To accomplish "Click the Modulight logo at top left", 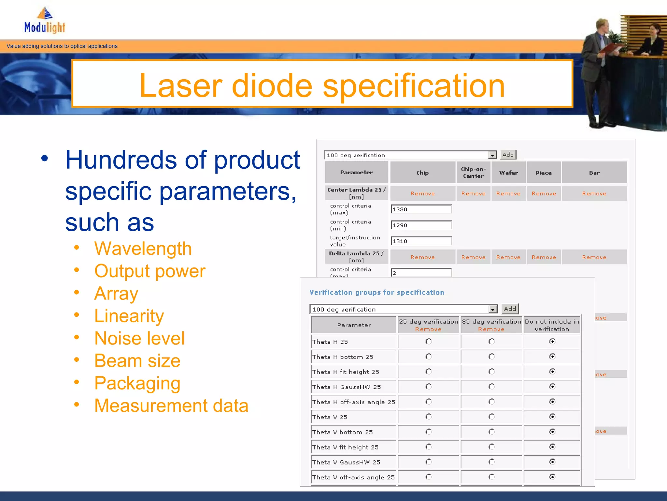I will click(45, 21).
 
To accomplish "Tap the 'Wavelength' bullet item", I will click(143, 249).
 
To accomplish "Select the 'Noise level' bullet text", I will click(139, 338).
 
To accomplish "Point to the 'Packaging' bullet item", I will click(137, 383).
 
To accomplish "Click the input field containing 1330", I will click(421, 209).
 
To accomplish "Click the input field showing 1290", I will click(421, 225).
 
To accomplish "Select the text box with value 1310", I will click(421, 241).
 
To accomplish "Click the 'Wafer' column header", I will click(508, 173).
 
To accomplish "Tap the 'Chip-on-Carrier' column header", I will click(473, 173).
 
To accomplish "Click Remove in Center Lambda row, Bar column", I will click(594, 193).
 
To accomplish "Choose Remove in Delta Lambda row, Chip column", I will click(422, 257).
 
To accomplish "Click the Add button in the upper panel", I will click(508, 155).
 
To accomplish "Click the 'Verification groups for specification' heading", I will click(377, 293).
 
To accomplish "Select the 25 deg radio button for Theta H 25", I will click(429, 342).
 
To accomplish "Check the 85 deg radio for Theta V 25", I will click(491, 417).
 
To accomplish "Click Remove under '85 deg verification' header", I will click(491, 329).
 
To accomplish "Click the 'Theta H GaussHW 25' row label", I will click(347, 387).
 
